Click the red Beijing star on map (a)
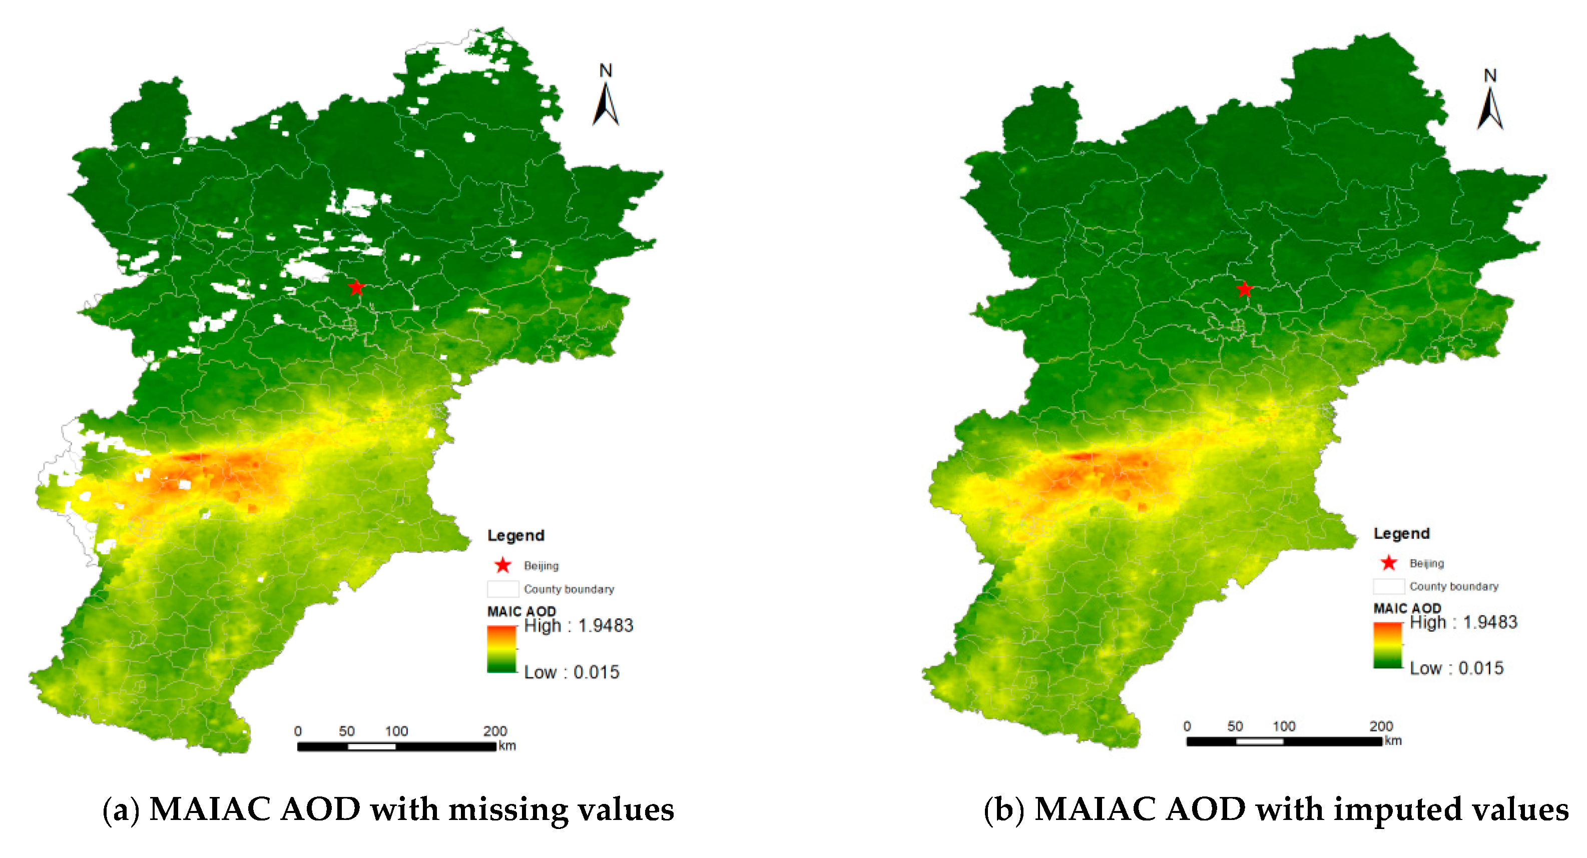click(x=356, y=287)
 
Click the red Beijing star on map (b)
click(x=1245, y=289)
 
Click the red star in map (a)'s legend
click(x=502, y=565)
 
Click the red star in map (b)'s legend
click(x=1389, y=562)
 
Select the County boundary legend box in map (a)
click(x=502, y=589)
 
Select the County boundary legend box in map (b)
click(x=1389, y=586)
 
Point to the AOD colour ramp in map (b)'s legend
click(x=1387, y=645)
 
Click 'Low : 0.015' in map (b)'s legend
click(x=1456, y=668)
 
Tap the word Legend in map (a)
click(x=515, y=535)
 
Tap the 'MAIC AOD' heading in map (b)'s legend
click(x=1407, y=608)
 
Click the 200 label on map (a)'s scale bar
click(x=494, y=731)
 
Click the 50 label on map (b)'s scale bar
click(x=1235, y=726)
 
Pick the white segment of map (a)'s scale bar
click(x=371, y=746)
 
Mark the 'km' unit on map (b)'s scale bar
click(x=1393, y=740)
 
